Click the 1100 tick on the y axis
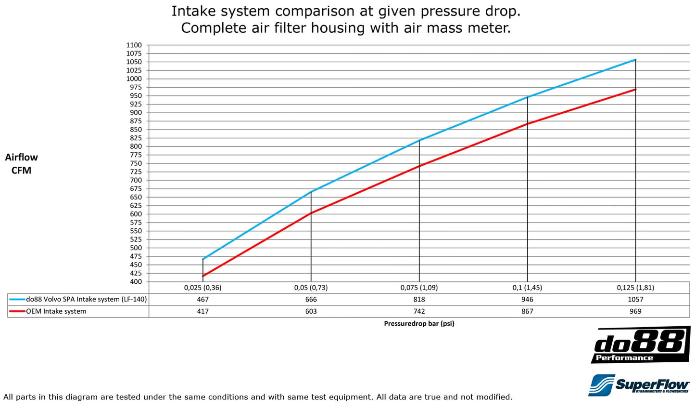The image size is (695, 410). [x=134, y=45]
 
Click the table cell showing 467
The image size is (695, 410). [x=203, y=299]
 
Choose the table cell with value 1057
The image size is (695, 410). [x=635, y=299]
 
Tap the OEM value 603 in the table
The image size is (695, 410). [x=311, y=311]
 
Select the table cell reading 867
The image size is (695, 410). [x=528, y=311]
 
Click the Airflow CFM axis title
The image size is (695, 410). [x=21, y=164]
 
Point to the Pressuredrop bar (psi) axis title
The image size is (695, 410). [x=419, y=324]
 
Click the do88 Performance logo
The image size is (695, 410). [x=640, y=345]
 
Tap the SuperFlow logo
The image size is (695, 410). [x=639, y=385]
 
